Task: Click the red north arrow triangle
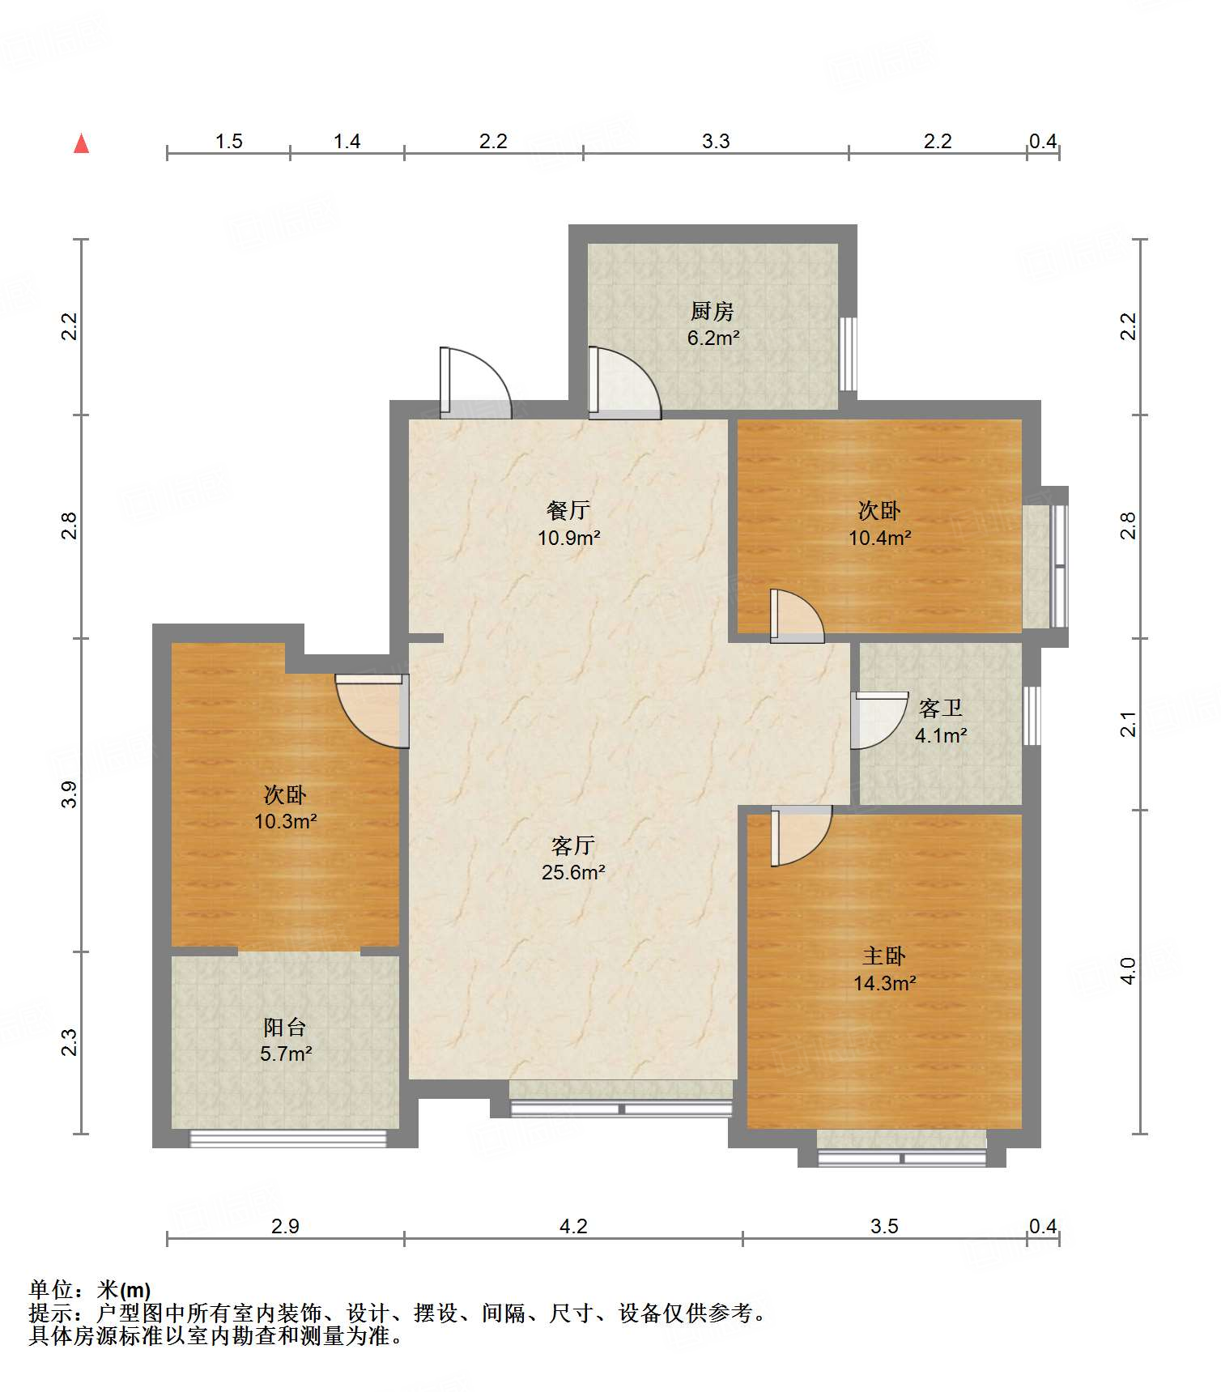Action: point(81,143)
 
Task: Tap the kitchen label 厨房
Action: point(712,311)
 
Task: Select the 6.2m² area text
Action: point(713,338)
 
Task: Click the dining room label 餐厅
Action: point(568,510)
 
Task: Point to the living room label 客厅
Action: point(572,845)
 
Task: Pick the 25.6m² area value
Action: point(573,872)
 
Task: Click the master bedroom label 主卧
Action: point(883,956)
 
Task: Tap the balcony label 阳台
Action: point(285,1027)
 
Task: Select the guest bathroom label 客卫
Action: point(941,709)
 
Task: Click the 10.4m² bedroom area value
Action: point(880,537)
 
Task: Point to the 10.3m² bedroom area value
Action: point(286,821)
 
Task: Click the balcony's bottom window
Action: point(288,1139)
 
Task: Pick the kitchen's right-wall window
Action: point(848,354)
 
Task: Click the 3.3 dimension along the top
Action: point(716,142)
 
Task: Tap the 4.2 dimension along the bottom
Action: point(573,1226)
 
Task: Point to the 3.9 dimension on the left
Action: point(70,794)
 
